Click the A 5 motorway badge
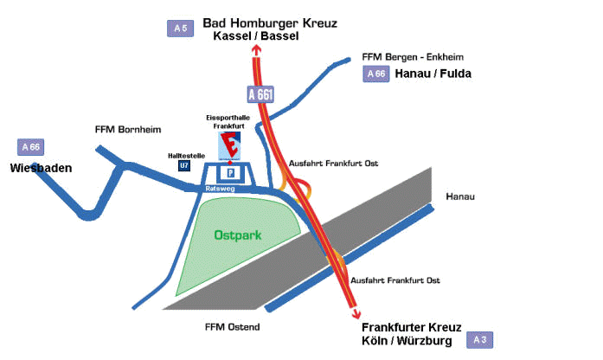[x=180, y=29]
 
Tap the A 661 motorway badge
[x=260, y=94]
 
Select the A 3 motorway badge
[x=479, y=340]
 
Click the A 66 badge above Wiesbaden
[x=31, y=147]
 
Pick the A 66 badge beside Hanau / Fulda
[x=376, y=74]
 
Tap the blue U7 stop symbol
[x=184, y=166]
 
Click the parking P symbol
[x=230, y=173]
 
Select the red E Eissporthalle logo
[x=229, y=145]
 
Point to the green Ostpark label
[x=238, y=235]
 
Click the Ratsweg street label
[x=220, y=189]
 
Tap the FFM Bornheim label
[x=128, y=130]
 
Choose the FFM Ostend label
[x=232, y=327]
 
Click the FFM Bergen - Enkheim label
[x=413, y=57]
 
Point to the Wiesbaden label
[x=42, y=168]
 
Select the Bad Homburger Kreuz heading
[x=270, y=23]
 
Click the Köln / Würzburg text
[x=407, y=341]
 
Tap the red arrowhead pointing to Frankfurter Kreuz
[x=356, y=314]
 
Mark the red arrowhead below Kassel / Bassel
[x=256, y=49]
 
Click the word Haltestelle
[x=187, y=156]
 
